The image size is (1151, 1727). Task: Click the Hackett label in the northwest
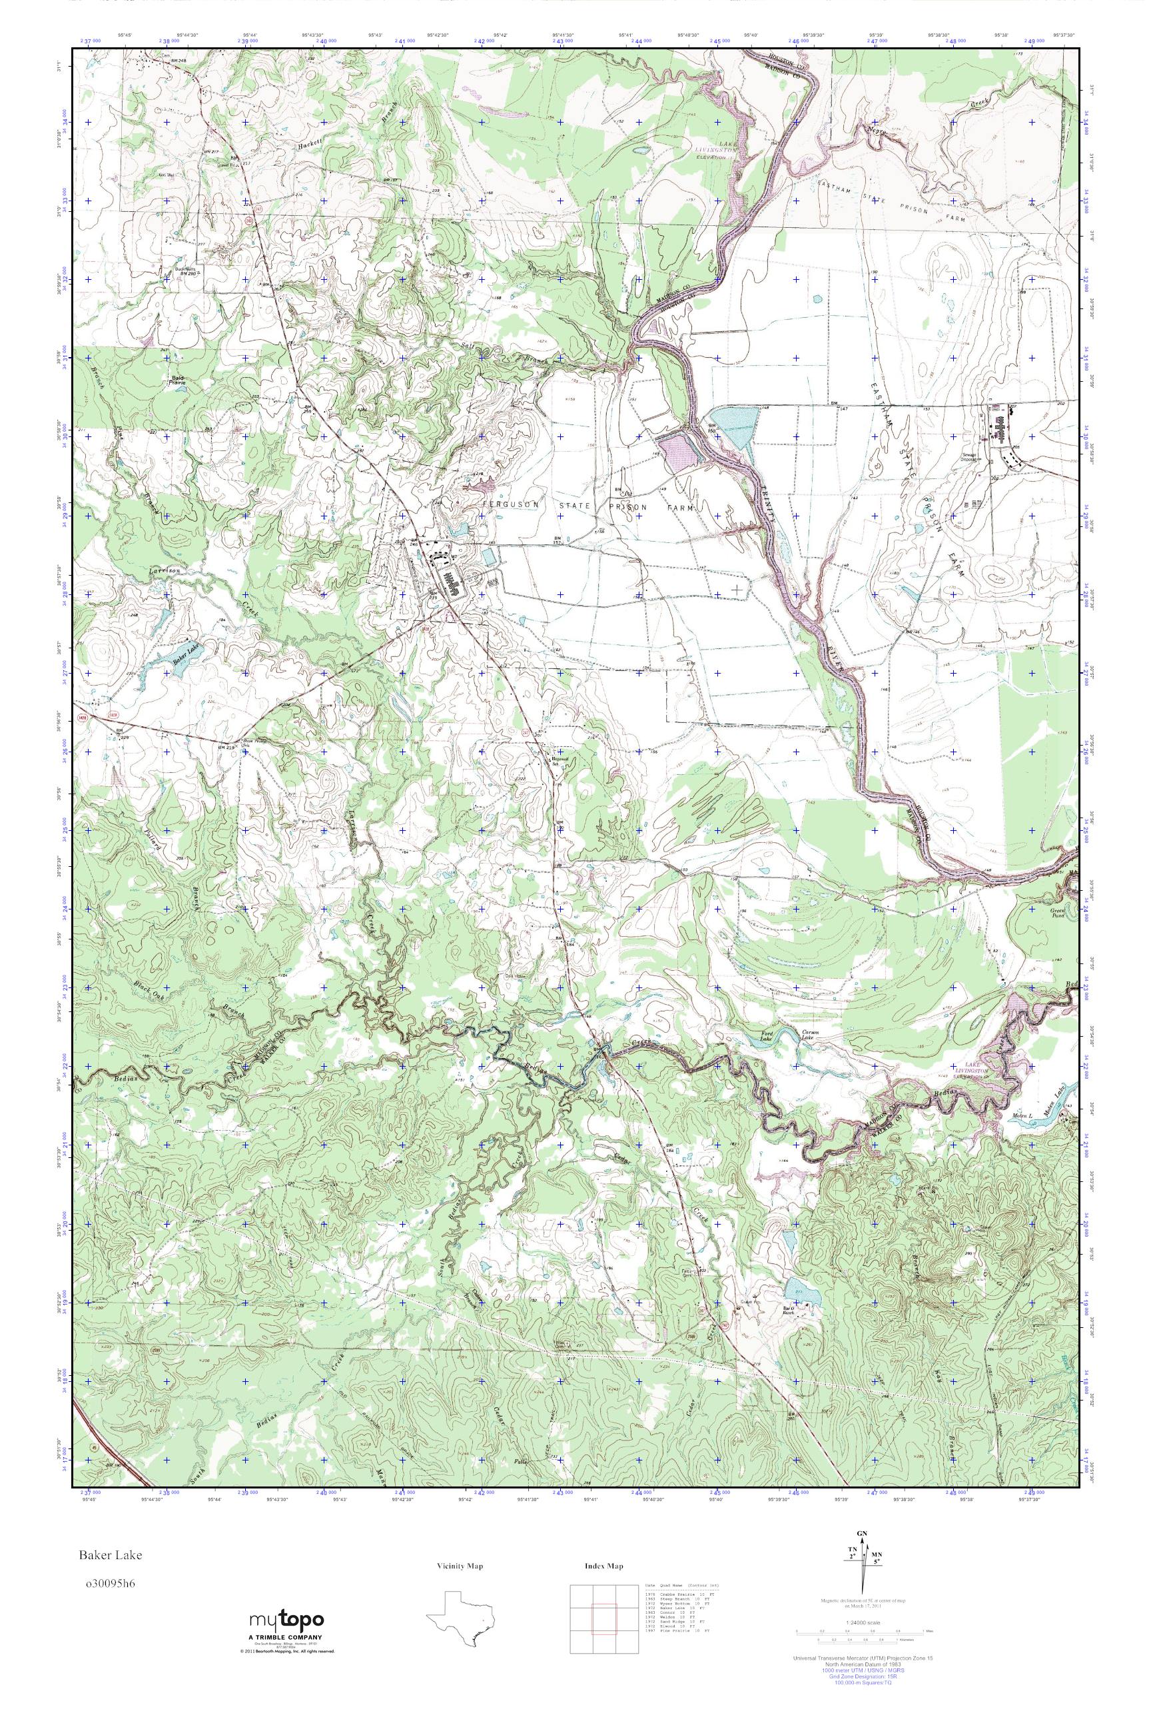click(x=310, y=146)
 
